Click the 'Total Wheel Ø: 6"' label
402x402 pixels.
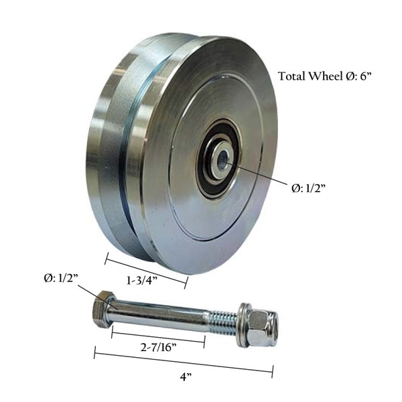(325, 76)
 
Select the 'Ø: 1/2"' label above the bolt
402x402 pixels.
(60, 277)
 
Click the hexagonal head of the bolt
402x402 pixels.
(102, 309)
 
